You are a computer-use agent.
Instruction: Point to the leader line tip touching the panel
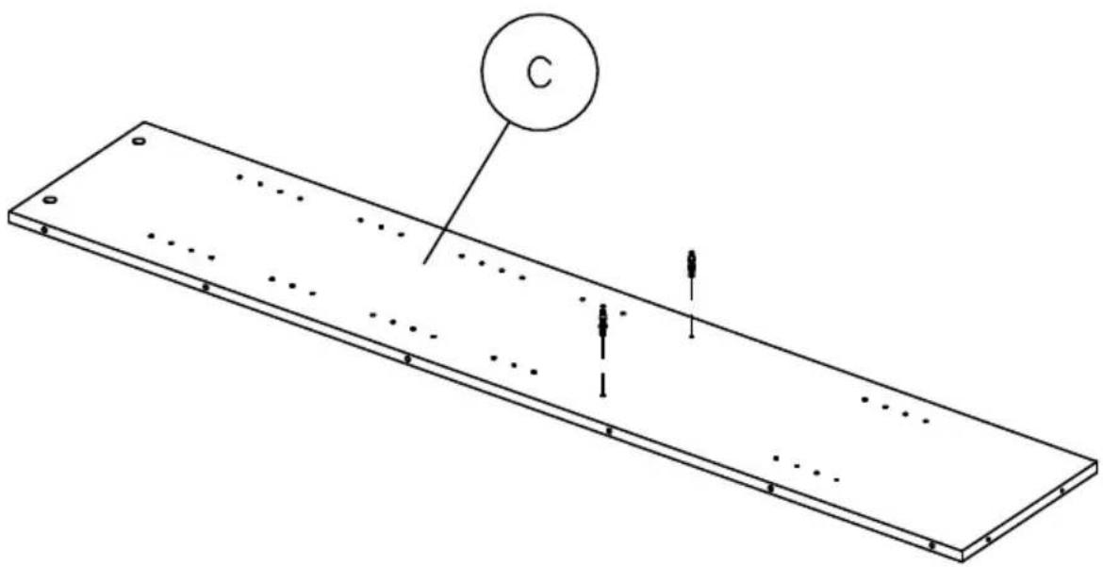[x=423, y=263]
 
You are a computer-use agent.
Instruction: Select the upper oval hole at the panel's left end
[x=139, y=142]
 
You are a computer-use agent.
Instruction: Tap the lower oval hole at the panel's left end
[x=51, y=200]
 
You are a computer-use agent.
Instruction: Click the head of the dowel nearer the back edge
[x=693, y=259]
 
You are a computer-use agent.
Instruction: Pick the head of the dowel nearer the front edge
[x=602, y=314]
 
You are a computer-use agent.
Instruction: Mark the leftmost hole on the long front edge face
[x=44, y=229]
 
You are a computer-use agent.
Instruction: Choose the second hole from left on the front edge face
[x=206, y=287]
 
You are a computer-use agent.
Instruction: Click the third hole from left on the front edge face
[x=407, y=359]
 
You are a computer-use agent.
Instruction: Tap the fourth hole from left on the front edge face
[x=609, y=431]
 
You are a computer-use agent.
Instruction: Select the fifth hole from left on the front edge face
[x=770, y=488]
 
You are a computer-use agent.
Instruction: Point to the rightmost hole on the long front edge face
[x=931, y=545]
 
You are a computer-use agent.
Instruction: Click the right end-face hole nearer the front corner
[x=988, y=539]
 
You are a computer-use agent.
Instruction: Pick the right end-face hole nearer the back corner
[x=1062, y=491]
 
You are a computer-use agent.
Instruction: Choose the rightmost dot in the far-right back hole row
[x=926, y=421]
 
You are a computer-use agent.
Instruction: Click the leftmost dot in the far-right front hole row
[x=776, y=459]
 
